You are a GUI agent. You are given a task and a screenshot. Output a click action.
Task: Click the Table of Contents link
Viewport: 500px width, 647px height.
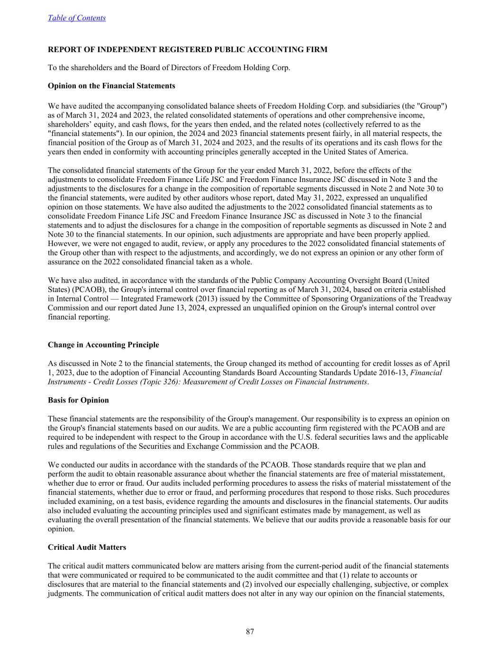[x=76, y=18]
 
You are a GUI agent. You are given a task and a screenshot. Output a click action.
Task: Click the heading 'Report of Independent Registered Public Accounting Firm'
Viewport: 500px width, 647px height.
[x=187, y=49]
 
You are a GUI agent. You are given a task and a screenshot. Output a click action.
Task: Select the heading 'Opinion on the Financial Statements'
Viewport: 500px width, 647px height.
[x=111, y=86]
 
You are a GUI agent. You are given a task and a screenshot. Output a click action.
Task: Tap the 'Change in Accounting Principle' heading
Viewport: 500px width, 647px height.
[x=103, y=345]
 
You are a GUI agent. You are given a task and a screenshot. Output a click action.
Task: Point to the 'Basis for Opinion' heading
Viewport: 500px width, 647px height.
[x=78, y=400]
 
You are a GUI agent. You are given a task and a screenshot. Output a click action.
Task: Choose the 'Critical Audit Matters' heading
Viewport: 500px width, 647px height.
[x=87, y=547]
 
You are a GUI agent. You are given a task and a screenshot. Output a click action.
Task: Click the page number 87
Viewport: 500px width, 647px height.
[x=250, y=631]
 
